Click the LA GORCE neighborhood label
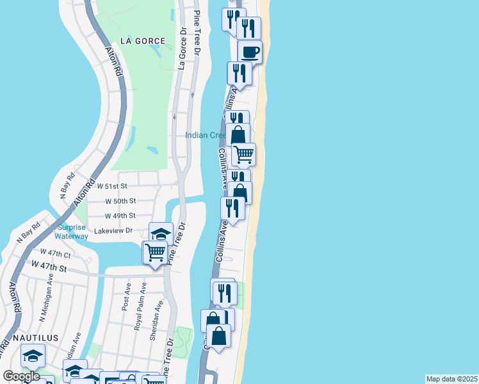point(142,41)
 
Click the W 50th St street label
point(120,201)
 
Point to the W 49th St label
point(120,216)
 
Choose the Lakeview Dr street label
point(113,230)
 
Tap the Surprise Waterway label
point(72,232)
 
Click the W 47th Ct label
point(55,253)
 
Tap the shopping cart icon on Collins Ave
point(243,154)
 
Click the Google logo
point(22,376)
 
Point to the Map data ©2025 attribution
point(451,379)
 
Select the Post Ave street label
point(126,298)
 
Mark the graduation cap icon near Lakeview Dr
point(161,233)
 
